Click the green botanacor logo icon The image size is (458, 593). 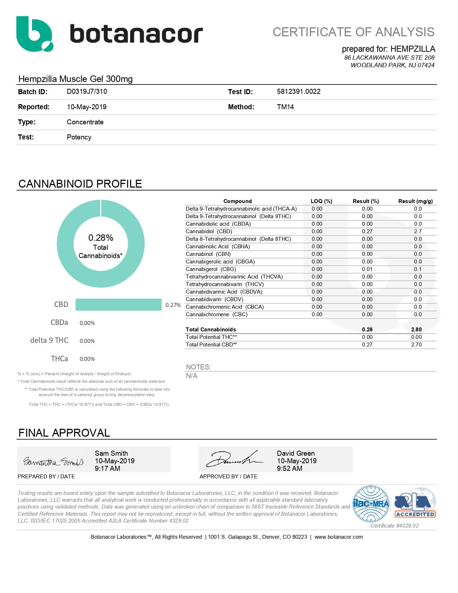pos(34,34)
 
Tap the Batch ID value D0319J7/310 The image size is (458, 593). pos(87,91)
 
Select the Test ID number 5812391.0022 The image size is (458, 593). pos(299,91)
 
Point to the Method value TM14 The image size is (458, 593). pos(285,107)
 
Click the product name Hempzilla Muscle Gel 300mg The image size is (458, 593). pos(75,79)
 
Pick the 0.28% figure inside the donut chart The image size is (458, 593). pos(101,238)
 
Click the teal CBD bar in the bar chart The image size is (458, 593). pos(119,304)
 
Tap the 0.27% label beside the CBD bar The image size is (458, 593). pos(173,305)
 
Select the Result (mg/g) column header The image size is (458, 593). pos(415,201)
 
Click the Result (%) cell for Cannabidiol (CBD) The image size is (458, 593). pos(367,231)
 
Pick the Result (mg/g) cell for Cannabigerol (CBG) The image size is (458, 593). pos(418,269)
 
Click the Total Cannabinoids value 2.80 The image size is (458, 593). pos(416,330)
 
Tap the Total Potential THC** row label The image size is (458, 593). pos(211,337)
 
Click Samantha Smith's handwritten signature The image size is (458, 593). pos(53,461)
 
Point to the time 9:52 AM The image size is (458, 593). pos(290,468)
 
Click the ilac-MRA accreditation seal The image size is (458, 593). pos(371,504)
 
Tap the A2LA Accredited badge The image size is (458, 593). pos(415,504)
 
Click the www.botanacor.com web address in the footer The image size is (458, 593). pos(338,537)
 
